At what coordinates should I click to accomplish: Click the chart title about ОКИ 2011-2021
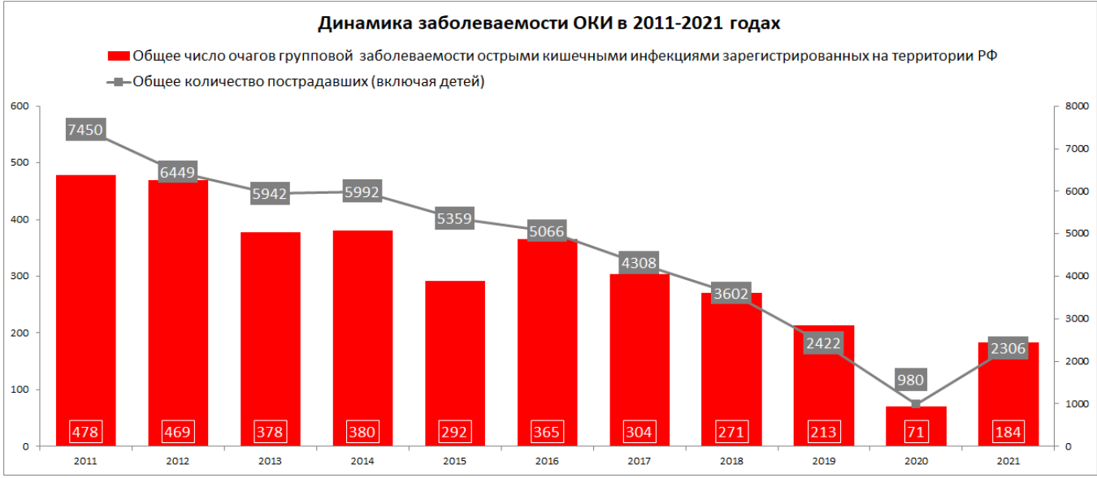[548, 23]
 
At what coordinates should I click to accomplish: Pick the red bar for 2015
[455, 349]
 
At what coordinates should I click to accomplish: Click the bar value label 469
[178, 432]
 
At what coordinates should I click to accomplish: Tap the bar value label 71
[916, 432]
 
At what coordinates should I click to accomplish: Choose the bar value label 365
[547, 432]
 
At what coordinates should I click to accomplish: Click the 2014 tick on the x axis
[362, 460]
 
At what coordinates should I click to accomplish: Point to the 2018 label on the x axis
[731, 460]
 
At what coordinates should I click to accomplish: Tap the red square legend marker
[119, 56]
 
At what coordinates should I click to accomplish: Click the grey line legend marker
[119, 81]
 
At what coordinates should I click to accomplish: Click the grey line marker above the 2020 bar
[916, 404]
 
